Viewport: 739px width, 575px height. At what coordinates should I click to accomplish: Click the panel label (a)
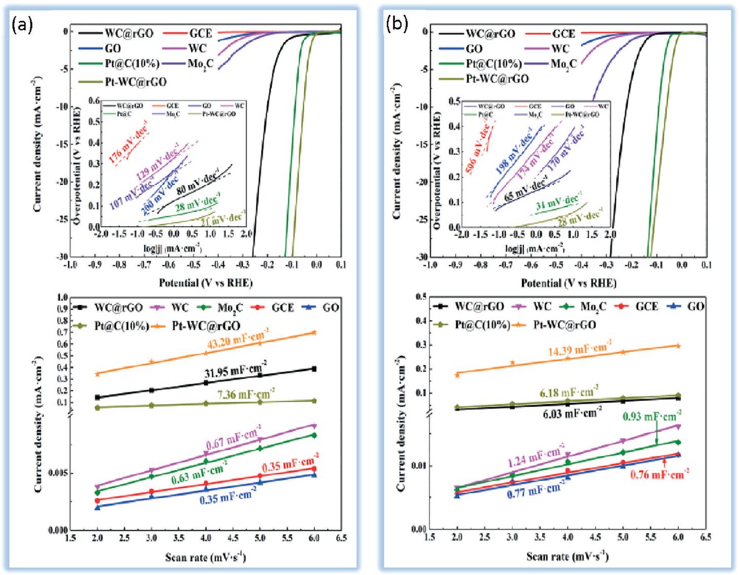point(22,24)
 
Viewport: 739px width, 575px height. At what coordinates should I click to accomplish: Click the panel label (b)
point(397,23)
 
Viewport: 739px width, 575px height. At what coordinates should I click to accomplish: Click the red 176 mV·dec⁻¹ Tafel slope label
point(129,145)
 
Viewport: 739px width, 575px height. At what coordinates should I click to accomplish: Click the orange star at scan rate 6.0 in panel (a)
point(314,333)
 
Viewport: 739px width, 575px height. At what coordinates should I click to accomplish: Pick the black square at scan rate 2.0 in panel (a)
point(97,397)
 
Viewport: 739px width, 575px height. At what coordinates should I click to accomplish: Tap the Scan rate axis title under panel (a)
point(205,558)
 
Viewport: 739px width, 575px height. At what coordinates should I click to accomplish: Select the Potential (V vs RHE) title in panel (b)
point(568,283)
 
